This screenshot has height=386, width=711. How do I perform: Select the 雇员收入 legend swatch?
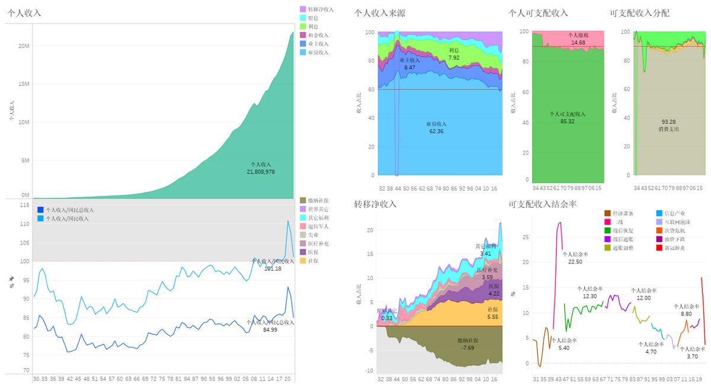point(303,52)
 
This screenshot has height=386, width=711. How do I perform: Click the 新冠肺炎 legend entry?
point(674,247)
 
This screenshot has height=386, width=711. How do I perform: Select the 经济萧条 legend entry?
point(622,213)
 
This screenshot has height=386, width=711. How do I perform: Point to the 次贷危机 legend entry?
point(674,230)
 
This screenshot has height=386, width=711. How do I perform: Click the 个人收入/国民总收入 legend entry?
point(69,210)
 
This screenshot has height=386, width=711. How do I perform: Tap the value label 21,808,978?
point(261,172)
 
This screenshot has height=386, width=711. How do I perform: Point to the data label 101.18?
point(272,269)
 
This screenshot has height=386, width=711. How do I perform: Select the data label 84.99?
point(270,329)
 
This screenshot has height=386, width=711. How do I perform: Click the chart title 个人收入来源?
point(380,13)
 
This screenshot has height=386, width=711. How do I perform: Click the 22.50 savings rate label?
point(575,262)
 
